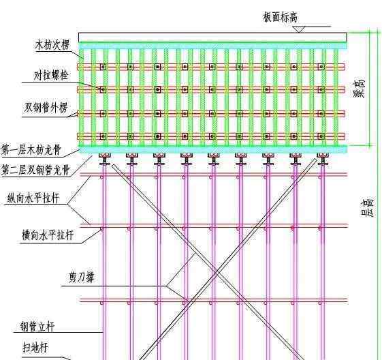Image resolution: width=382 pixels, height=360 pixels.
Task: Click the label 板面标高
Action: tap(280, 17)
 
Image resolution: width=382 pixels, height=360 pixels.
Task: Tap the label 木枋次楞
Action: tap(52, 45)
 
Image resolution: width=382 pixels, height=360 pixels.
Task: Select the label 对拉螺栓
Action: tap(50, 75)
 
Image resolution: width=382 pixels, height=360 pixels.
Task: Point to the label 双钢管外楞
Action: tap(46, 108)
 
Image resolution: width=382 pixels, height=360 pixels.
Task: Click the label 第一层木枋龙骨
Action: tap(31, 150)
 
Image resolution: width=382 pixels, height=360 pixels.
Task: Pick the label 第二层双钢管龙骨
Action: tap(35, 170)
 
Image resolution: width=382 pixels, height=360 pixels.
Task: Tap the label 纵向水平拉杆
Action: tap(33, 198)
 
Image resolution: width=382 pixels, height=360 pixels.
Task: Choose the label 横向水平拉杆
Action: tap(48, 235)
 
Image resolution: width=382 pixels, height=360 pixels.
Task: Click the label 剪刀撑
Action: tap(81, 277)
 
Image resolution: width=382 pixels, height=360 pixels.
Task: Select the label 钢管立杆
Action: tap(37, 327)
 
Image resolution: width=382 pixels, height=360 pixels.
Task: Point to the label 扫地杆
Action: tap(35, 347)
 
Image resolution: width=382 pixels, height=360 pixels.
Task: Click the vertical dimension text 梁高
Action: tap(360, 89)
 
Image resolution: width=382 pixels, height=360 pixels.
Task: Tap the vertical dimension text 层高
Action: tap(367, 207)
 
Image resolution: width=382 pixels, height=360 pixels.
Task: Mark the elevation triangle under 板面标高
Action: tap(299, 29)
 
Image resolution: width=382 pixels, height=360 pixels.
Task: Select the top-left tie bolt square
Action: tap(103, 67)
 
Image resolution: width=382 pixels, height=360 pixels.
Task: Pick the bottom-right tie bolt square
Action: tap(321, 136)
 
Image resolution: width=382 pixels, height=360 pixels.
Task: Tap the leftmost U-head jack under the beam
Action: tap(105, 159)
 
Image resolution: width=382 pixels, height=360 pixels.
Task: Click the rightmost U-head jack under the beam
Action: tap(323, 159)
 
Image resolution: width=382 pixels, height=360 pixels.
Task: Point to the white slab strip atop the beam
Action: tap(212, 37)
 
